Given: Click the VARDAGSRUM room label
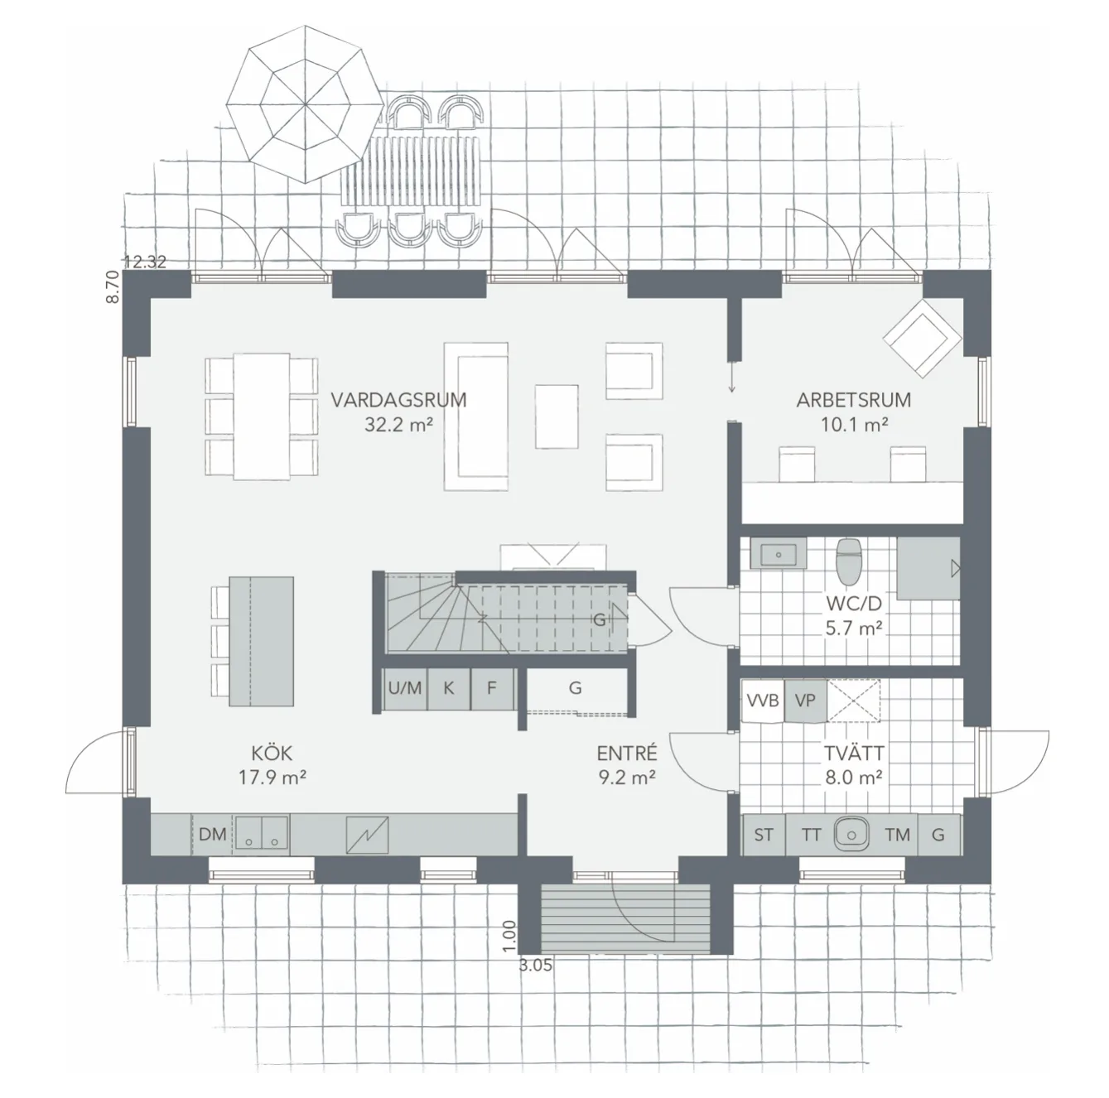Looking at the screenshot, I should click(x=398, y=401).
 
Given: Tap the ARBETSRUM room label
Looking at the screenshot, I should click(x=853, y=401).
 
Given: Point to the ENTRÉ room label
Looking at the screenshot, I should click(x=627, y=754).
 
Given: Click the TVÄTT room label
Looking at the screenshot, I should click(x=853, y=754).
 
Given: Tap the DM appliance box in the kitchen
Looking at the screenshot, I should click(x=213, y=835).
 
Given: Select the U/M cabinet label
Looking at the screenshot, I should click(x=405, y=688).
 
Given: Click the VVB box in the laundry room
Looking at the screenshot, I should click(x=763, y=701).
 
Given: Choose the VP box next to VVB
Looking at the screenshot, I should click(x=805, y=701).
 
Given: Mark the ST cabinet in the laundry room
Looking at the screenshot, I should click(x=763, y=835).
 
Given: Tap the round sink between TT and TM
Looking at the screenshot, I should click(x=851, y=834).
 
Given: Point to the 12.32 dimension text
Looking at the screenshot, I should click(x=145, y=262).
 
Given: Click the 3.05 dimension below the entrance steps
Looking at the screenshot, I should click(x=536, y=965).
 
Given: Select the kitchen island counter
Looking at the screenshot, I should click(x=261, y=642).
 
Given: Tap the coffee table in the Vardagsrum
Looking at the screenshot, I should click(x=557, y=416).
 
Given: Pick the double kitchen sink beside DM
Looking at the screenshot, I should click(x=261, y=834).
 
